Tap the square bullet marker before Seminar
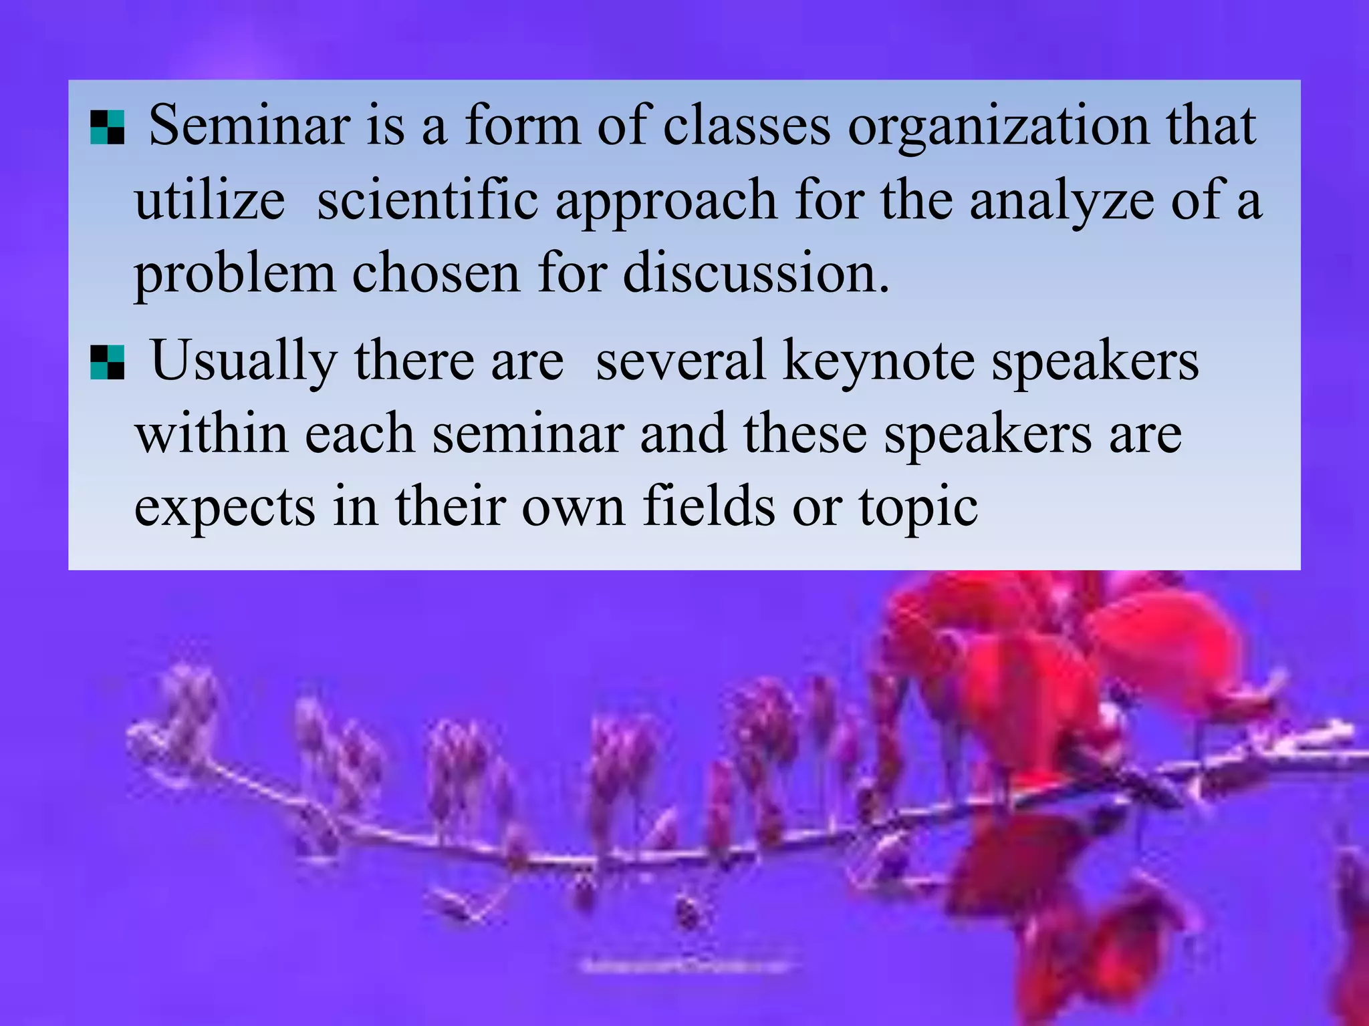107,128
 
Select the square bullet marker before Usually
107,363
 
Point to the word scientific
427,200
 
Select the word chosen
436,274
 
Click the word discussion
755,274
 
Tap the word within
211,434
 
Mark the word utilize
210,200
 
